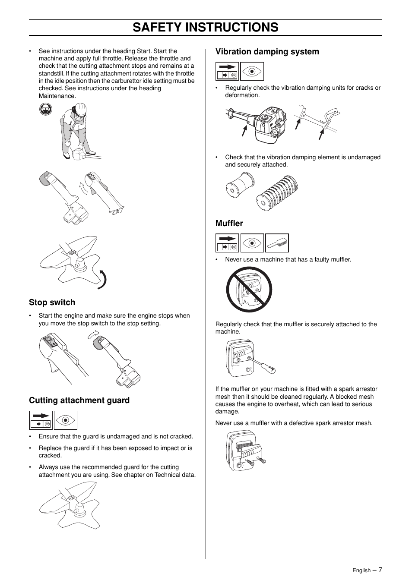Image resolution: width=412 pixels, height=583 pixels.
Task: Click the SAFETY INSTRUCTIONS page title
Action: [206, 27]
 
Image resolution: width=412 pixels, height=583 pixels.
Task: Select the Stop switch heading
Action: [52, 303]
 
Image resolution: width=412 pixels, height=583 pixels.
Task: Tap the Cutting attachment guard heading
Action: [79, 400]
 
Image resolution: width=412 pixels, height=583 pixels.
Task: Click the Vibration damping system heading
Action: [267, 52]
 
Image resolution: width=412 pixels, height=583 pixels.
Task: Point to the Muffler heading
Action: [229, 224]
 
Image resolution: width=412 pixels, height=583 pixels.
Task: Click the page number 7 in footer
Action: [380, 570]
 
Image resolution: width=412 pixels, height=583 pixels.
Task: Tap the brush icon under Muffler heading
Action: [277, 243]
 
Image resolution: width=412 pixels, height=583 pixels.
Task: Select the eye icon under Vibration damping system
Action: [252, 72]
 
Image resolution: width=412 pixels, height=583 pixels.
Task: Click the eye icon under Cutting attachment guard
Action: [65, 420]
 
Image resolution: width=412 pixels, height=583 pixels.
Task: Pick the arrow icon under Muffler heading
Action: [227, 243]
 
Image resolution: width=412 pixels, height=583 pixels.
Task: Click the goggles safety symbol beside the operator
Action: [45, 109]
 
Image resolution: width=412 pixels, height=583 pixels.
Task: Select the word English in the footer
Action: [361, 570]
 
